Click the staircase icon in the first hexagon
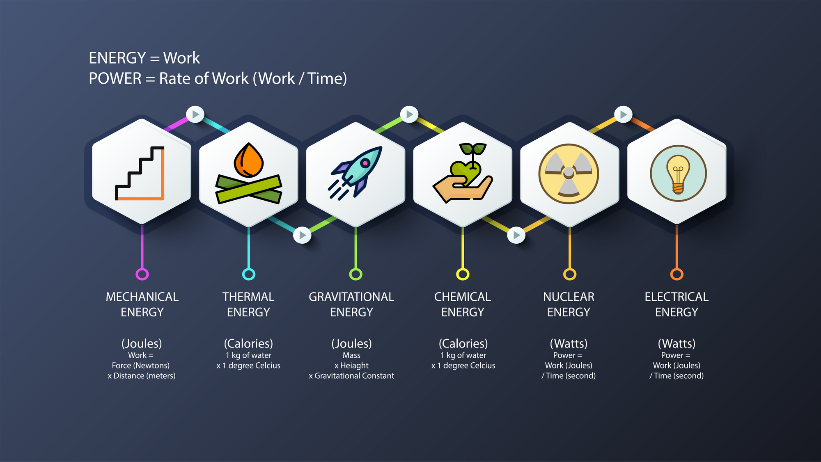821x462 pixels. tap(140, 173)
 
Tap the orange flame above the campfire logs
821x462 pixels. tap(248, 160)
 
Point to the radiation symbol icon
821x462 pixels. tap(569, 174)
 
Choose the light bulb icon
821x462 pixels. tap(678, 174)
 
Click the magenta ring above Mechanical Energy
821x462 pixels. tap(142, 274)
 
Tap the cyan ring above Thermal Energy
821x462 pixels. tap(249, 274)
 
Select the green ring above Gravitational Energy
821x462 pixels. tap(355, 274)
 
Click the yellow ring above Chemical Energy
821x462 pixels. tap(463, 274)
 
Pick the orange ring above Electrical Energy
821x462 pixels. tap(677, 274)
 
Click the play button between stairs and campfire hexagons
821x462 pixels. tap(195, 114)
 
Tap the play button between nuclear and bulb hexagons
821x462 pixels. tap(623, 114)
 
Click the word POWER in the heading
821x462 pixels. tap(115, 78)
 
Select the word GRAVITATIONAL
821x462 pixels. tap(351, 297)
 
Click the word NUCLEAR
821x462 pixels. tap(569, 297)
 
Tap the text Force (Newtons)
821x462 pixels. tap(140, 365)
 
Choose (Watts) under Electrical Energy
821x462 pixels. tap(677, 343)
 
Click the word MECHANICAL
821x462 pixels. tap(142, 297)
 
